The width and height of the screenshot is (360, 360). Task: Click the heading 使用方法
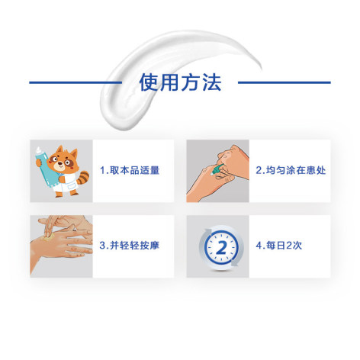point(180,82)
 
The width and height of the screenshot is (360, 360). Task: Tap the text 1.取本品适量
point(130,170)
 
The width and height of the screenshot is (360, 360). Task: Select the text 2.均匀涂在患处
point(291,170)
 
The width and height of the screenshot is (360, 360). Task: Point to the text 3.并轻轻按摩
point(130,246)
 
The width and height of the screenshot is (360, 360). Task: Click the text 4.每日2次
point(279,246)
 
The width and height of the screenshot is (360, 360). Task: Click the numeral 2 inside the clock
point(221,247)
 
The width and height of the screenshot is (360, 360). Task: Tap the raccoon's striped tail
point(83,177)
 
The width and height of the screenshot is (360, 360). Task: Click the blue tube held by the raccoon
point(47,169)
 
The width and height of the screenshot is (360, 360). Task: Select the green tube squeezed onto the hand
point(217,169)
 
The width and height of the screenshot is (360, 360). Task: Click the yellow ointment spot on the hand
point(48,237)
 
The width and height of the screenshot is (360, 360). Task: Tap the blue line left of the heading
point(76,82)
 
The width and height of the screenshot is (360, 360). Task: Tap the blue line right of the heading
point(284,82)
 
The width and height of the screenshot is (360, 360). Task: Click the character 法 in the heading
point(212,82)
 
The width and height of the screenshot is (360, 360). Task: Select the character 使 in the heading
point(149,82)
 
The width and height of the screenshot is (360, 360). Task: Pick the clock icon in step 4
point(221,247)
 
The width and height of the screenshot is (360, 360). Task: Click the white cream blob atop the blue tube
point(39,150)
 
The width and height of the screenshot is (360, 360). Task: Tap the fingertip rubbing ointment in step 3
point(47,234)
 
